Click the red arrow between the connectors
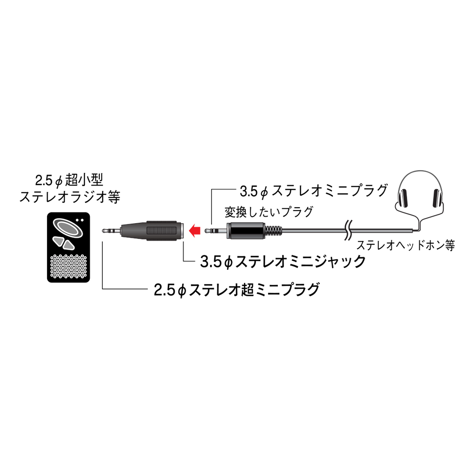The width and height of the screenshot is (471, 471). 194,231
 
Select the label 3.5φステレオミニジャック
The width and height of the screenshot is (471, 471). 283,261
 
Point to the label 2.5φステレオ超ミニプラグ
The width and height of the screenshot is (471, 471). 236,290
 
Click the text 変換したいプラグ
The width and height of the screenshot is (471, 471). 269,212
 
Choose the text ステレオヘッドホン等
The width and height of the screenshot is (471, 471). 406,245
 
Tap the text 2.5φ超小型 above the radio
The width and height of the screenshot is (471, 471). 69,180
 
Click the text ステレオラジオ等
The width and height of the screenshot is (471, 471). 70,197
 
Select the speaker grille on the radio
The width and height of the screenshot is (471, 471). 69,266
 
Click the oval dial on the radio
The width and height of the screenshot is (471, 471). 68,227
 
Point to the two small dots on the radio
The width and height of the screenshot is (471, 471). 80,220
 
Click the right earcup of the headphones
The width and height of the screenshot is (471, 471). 438,198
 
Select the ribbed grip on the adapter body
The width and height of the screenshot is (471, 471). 162,231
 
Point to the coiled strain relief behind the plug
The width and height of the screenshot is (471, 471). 273,231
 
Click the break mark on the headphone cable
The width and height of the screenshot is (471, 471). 349,231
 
